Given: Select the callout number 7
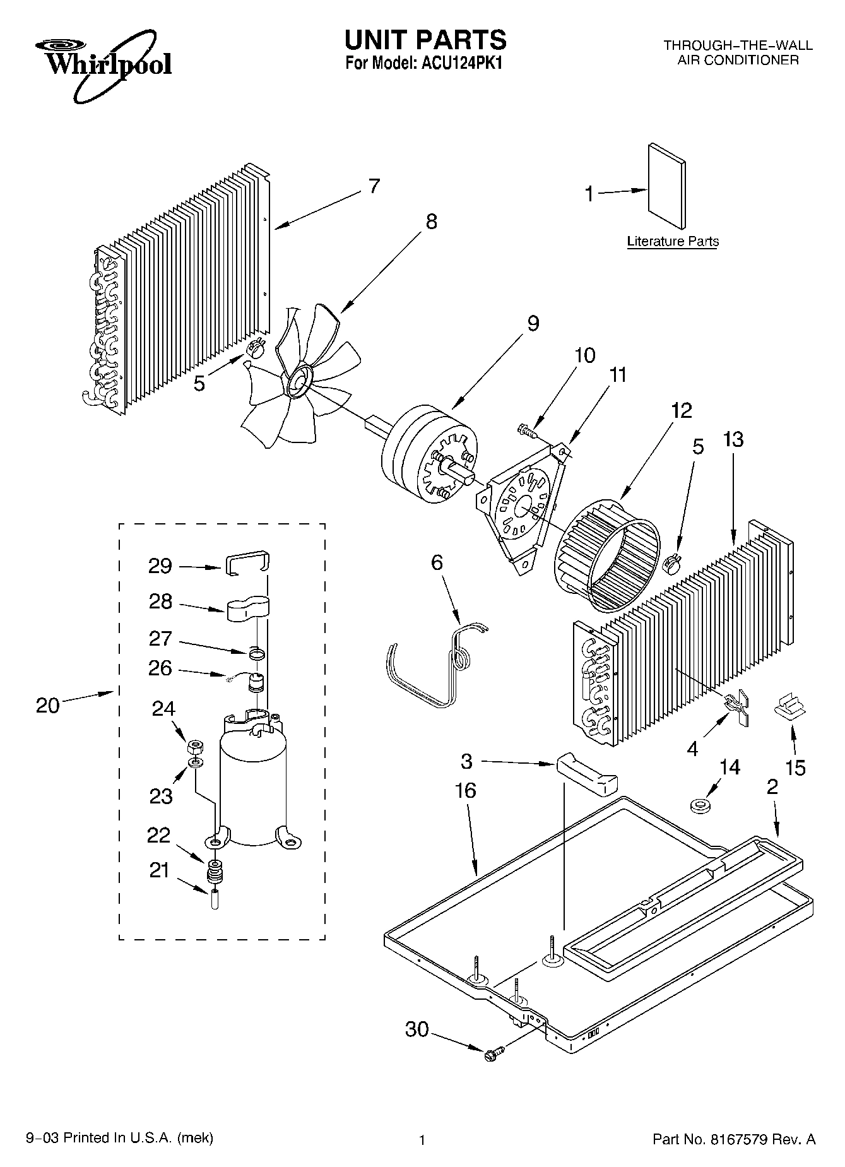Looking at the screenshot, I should pyautogui.click(x=374, y=186).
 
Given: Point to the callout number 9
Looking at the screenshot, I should pyautogui.click(x=533, y=324).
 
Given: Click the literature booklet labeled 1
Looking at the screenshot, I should pyautogui.click(x=666, y=186).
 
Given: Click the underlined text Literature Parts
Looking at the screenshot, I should pyautogui.click(x=673, y=241).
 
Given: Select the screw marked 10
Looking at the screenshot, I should pyautogui.click(x=525, y=430).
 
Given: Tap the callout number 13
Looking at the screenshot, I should pyautogui.click(x=733, y=439).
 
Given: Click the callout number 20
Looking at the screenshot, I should pyautogui.click(x=47, y=704).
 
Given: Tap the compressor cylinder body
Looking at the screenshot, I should pyautogui.click(x=251, y=789).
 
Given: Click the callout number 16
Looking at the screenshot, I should pyautogui.click(x=466, y=790).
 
